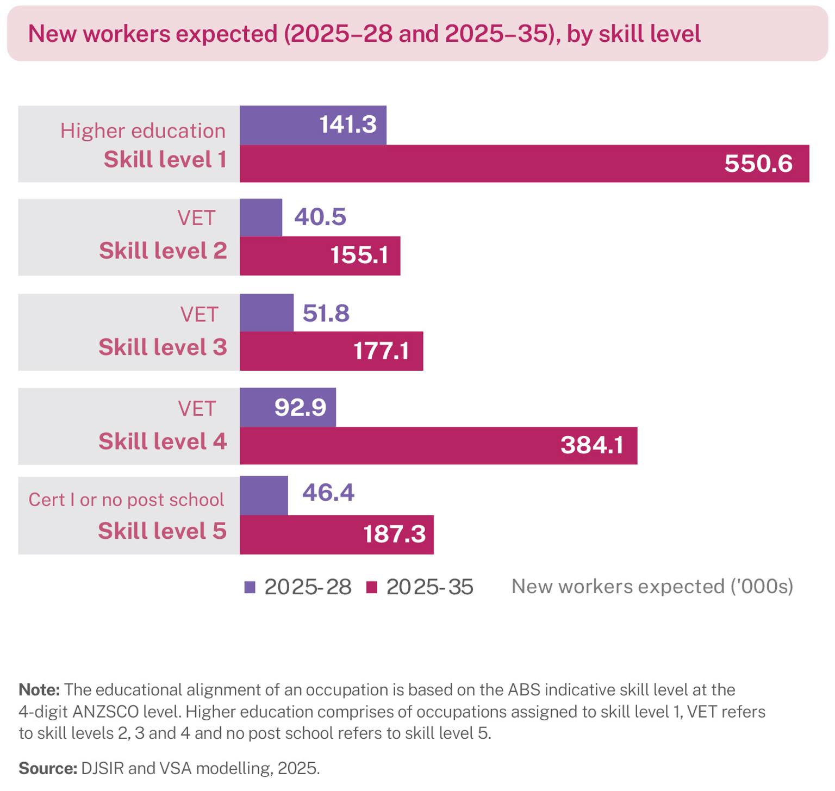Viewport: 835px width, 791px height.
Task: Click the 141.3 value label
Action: click(x=347, y=124)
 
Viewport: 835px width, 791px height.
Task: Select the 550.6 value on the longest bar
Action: click(x=758, y=164)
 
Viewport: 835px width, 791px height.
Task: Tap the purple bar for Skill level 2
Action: click(x=261, y=217)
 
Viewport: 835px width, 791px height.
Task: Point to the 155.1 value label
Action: click(x=359, y=255)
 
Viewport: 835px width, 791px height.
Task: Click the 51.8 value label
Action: click(x=326, y=313)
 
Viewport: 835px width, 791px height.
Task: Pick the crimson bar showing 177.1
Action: click(x=331, y=351)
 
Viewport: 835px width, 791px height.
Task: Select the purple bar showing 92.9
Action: click(x=288, y=407)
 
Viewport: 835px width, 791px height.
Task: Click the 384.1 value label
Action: click(x=592, y=445)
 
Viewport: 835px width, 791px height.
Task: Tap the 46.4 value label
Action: click(x=328, y=493)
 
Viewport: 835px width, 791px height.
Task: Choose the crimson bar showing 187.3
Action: click(x=337, y=534)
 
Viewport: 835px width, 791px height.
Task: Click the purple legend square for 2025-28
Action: click(x=250, y=587)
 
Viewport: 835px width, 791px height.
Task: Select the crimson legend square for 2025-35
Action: click(x=372, y=587)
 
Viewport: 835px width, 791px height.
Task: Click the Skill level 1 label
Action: click(x=165, y=160)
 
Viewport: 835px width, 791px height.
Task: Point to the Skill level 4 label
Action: click(x=163, y=441)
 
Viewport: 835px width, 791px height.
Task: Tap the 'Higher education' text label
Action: click(x=142, y=131)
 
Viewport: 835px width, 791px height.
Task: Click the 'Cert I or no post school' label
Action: click(x=126, y=500)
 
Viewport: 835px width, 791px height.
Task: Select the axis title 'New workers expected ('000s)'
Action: click(x=652, y=587)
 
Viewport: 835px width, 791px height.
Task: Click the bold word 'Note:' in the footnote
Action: click(x=39, y=690)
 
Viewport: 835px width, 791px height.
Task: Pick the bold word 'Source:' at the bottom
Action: click(x=48, y=768)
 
